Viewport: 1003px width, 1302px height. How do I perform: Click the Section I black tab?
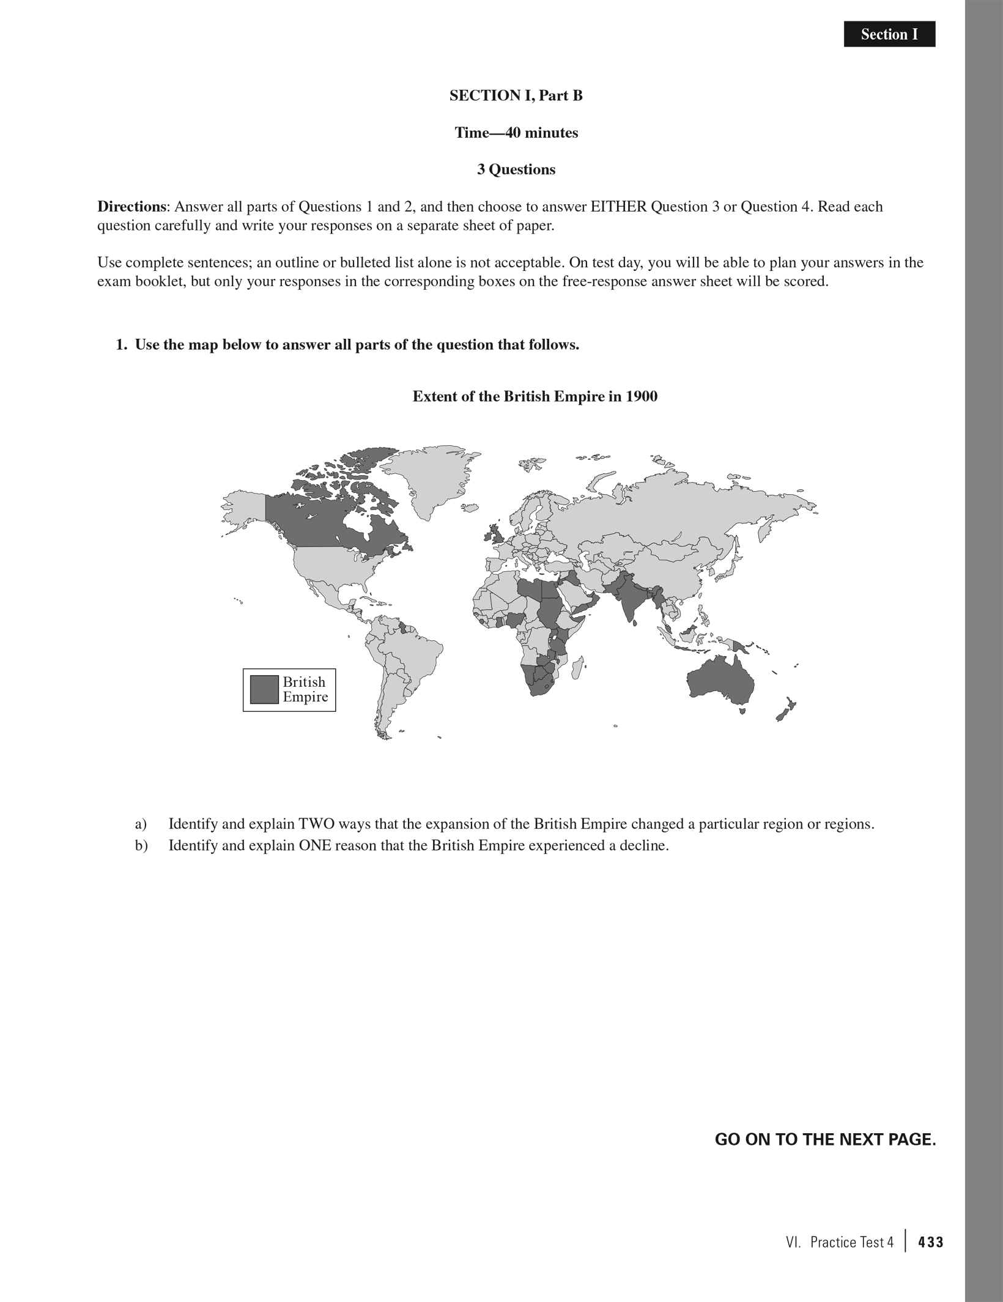(x=889, y=34)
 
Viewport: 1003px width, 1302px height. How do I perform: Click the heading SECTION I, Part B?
(x=516, y=95)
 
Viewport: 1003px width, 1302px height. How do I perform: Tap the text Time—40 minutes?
(x=516, y=133)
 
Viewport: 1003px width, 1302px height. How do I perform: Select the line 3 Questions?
(x=516, y=169)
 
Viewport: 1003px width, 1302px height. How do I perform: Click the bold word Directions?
(x=131, y=207)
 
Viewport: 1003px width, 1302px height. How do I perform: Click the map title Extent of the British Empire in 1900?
(x=535, y=396)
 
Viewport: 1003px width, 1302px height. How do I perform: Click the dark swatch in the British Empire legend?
(x=264, y=689)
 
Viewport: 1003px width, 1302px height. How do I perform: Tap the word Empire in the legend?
(x=305, y=697)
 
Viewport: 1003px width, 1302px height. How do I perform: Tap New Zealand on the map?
(x=785, y=709)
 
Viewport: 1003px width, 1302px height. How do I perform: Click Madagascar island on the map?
(x=577, y=668)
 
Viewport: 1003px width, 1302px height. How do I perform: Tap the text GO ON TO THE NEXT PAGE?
(x=825, y=1139)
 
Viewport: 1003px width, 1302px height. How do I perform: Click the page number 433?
(x=930, y=1242)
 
